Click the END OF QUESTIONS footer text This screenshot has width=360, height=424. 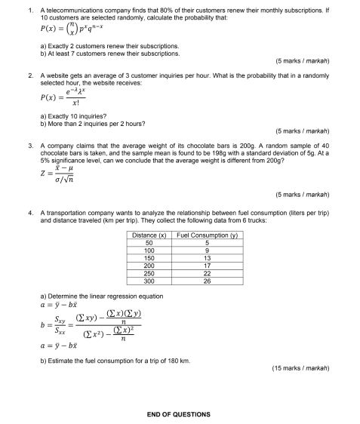[x=179, y=414]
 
